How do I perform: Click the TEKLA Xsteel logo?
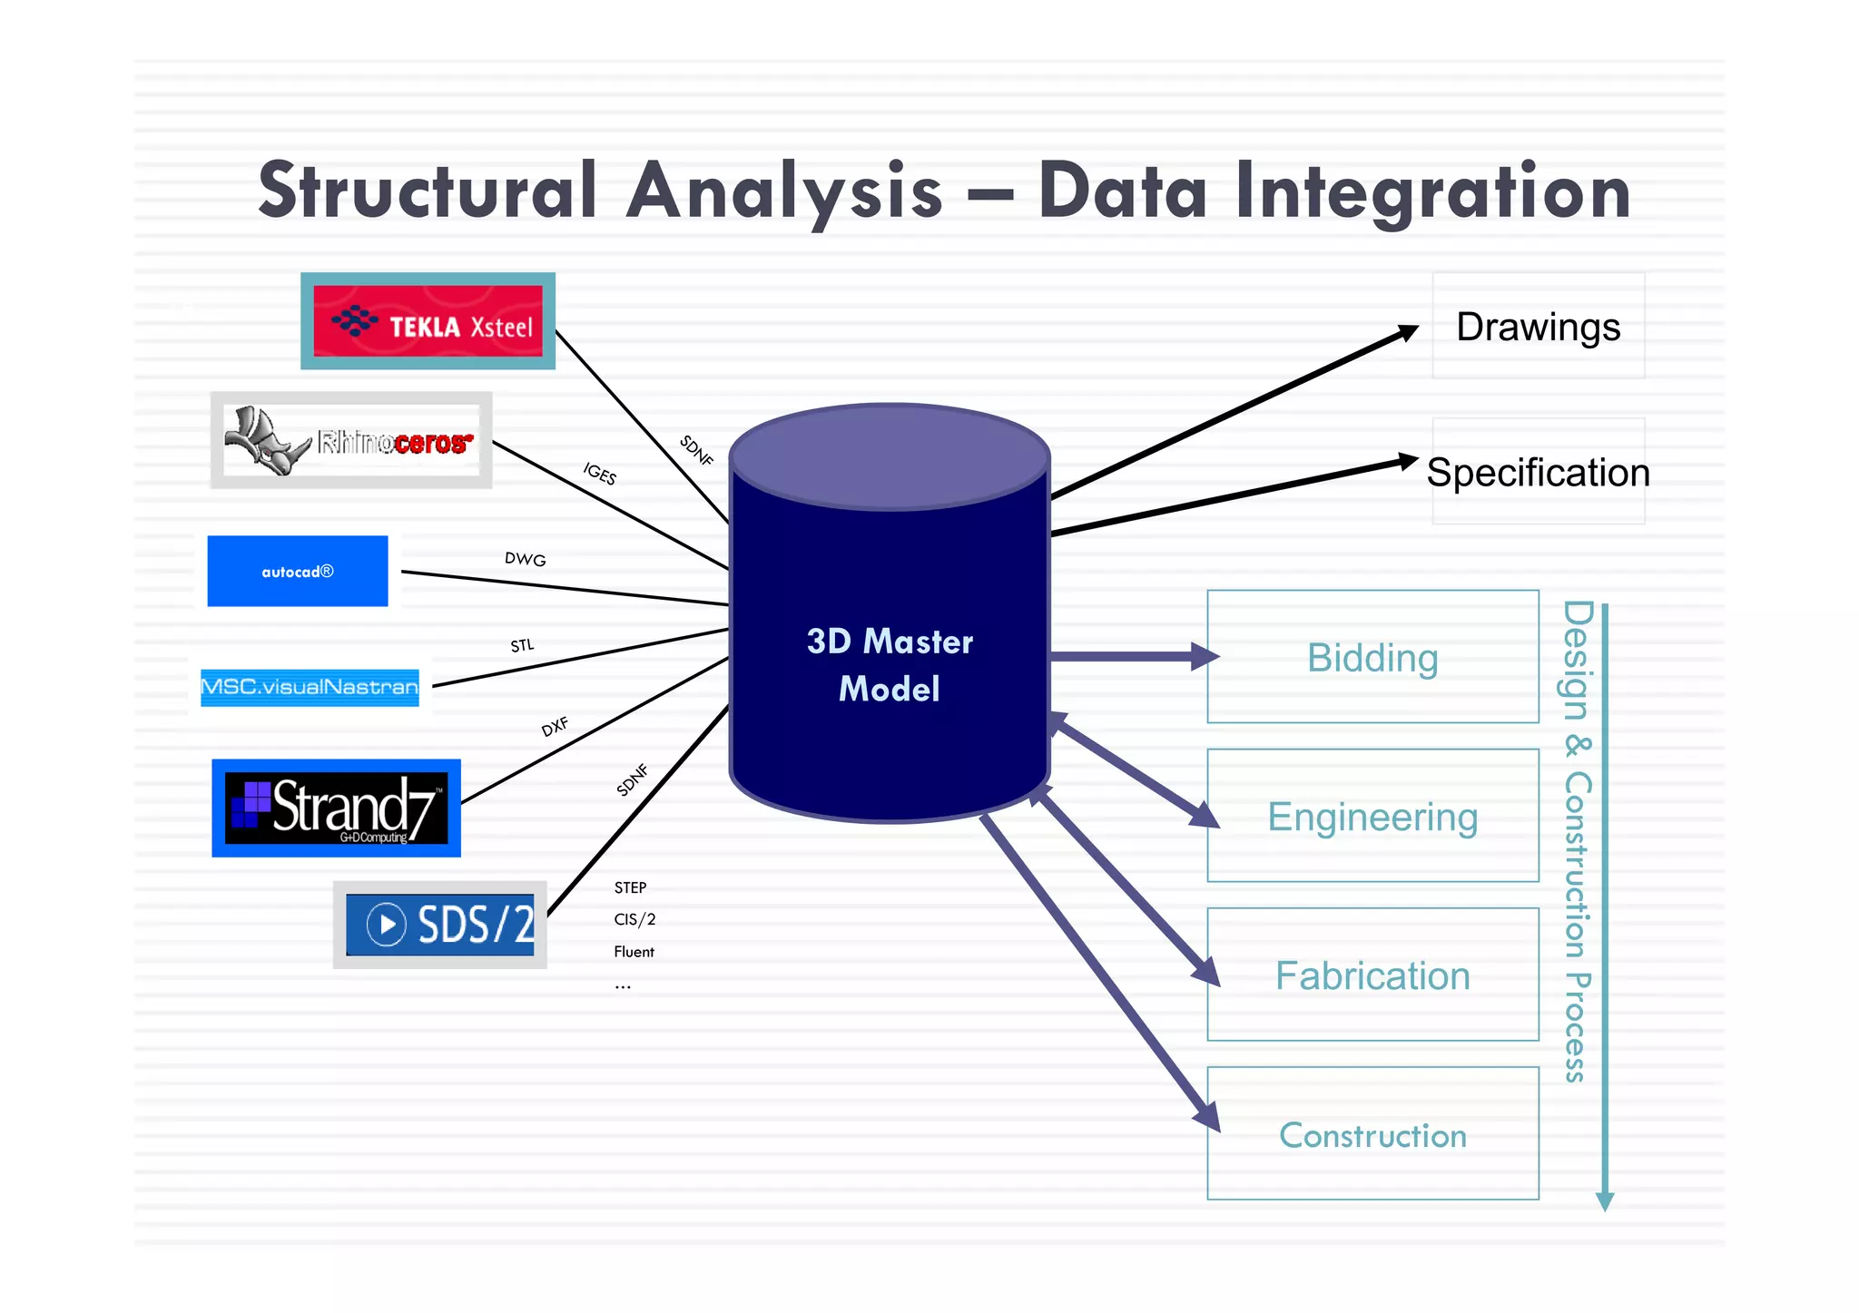click(428, 322)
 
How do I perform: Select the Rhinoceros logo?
click(351, 441)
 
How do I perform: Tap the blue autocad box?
click(298, 572)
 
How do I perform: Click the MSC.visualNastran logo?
click(310, 687)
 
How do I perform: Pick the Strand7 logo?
click(337, 808)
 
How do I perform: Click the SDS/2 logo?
click(441, 925)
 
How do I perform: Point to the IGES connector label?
click(600, 473)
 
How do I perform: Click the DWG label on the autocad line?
click(526, 559)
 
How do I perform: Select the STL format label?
click(522, 645)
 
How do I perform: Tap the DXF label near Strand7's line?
click(555, 726)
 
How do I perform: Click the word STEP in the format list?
click(630, 887)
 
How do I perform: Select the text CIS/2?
click(634, 919)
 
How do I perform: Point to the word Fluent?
click(634, 952)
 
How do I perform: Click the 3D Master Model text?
click(890, 664)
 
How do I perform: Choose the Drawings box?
click(1538, 327)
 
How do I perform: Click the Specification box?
click(1538, 472)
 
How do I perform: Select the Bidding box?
click(1372, 657)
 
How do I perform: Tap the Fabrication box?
click(1372, 975)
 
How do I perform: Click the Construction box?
click(1372, 1134)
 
